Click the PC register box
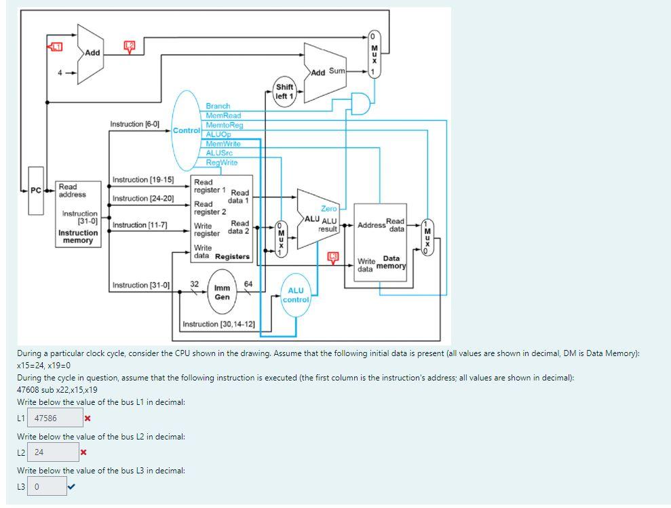35,190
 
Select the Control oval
186,130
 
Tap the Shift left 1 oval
284,92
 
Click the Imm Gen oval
222,292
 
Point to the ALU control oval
296,295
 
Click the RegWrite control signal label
222,163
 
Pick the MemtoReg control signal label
224,125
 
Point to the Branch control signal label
218,106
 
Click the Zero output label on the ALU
328,209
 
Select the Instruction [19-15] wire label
142,180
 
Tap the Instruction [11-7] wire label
140,224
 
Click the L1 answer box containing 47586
57,418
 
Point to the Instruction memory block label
77,237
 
